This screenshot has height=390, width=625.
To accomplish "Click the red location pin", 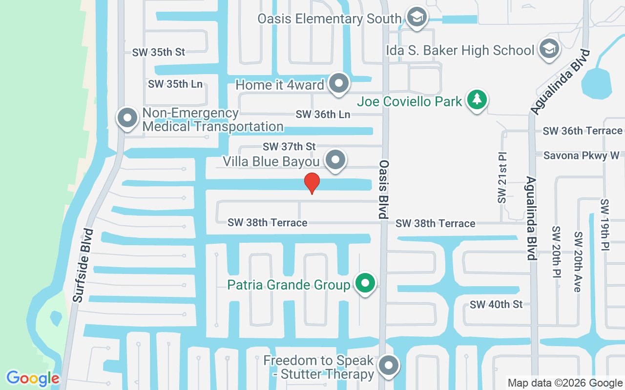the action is pyautogui.click(x=312, y=183).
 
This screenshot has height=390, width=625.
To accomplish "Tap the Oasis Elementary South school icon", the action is pyautogui.click(x=417, y=17).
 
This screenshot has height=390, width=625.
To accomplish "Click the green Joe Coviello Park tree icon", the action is pyautogui.click(x=477, y=99).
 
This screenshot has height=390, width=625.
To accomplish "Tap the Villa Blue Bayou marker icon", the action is pyautogui.click(x=335, y=159).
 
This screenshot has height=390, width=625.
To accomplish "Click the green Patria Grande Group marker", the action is pyautogui.click(x=365, y=283).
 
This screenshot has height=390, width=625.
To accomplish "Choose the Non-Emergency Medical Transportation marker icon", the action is pyautogui.click(x=127, y=118).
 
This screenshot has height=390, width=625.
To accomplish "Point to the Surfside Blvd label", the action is pyautogui.click(x=83, y=265).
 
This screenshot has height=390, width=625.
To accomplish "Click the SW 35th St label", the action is pyautogui.click(x=159, y=52).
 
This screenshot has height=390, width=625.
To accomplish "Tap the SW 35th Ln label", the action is pyautogui.click(x=175, y=84).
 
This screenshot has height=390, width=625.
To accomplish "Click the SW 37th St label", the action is pyautogui.click(x=289, y=146).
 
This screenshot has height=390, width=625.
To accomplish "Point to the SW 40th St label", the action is pyautogui.click(x=496, y=305).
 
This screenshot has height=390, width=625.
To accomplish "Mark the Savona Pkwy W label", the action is pyautogui.click(x=581, y=156).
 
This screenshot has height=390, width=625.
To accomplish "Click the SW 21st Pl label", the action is pyautogui.click(x=502, y=178).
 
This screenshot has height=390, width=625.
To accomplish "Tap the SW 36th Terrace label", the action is pyautogui.click(x=583, y=131).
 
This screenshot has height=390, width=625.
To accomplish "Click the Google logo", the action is pyautogui.click(x=33, y=378).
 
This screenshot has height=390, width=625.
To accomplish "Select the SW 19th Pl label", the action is pyautogui.click(x=605, y=225).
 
